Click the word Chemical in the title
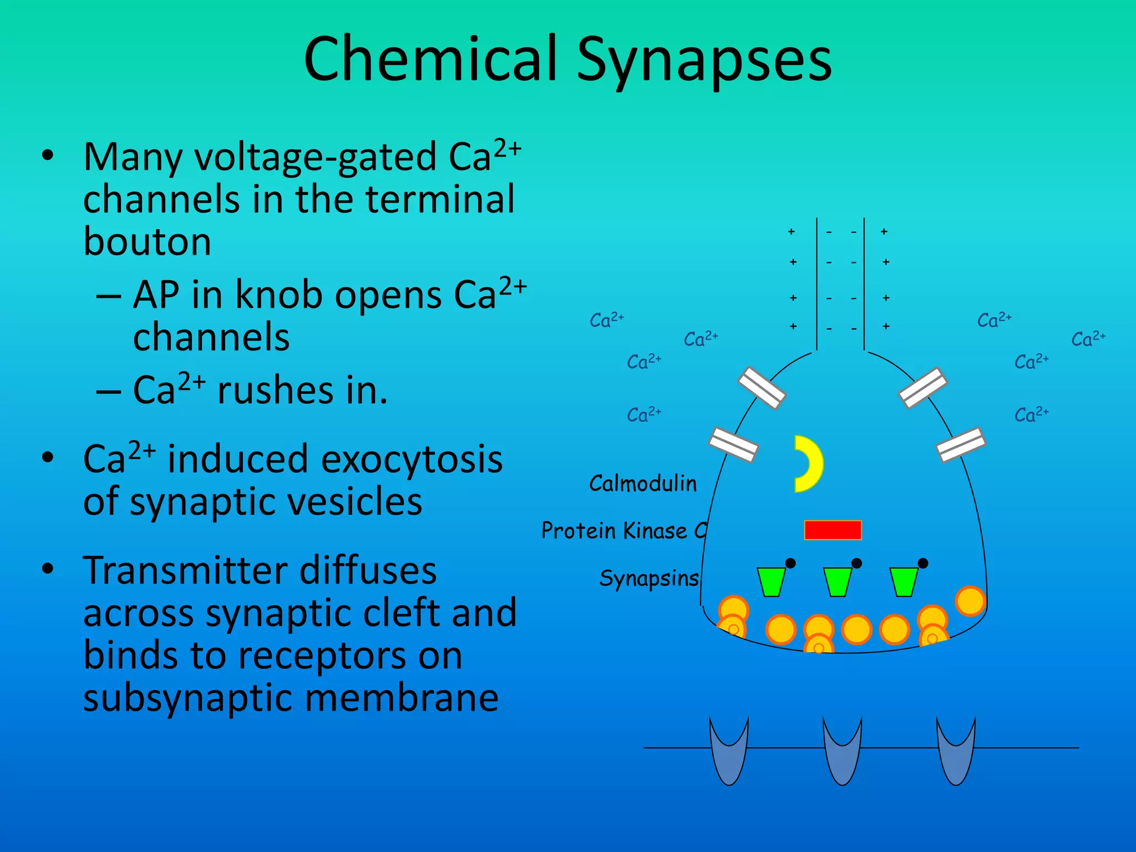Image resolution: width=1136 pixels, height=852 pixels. pyautogui.click(x=430, y=59)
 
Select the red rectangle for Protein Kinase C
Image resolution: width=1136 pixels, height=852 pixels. pyautogui.click(x=833, y=530)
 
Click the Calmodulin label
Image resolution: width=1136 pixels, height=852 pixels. pyautogui.click(x=642, y=484)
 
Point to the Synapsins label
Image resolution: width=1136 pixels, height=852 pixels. pyautogui.click(x=648, y=579)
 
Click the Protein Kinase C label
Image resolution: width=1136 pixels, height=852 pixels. pyautogui.click(x=623, y=531)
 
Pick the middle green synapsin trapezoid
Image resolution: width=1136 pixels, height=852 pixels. pyautogui.click(x=837, y=582)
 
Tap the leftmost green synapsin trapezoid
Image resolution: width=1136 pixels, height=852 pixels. pyautogui.click(x=771, y=582)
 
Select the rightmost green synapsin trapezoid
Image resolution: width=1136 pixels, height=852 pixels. pyautogui.click(x=904, y=582)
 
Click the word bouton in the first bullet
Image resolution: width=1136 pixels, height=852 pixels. pyautogui.click(x=147, y=242)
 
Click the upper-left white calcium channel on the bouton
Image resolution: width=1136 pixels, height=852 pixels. pyautogui.click(x=762, y=388)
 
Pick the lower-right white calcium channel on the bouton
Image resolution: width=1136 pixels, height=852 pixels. pyautogui.click(x=961, y=444)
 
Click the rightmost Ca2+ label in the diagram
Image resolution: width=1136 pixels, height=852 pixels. pyautogui.click(x=1088, y=339)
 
